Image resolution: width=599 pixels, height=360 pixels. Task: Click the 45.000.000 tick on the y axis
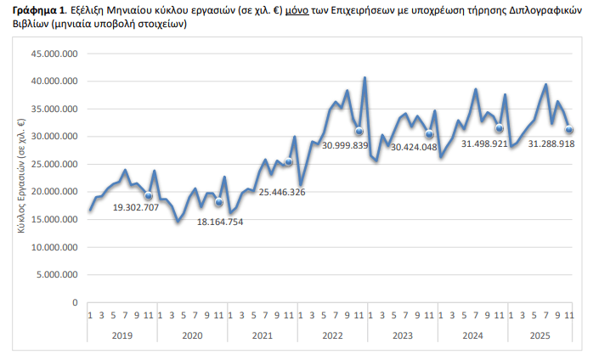click(x=55, y=54)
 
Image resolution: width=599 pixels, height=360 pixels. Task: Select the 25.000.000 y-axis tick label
click(x=55, y=165)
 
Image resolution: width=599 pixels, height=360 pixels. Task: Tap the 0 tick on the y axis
click(x=75, y=303)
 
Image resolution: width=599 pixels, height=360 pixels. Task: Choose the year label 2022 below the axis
click(x=333, y=335)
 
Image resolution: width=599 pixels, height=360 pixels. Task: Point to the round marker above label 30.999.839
click(x=359, y=131)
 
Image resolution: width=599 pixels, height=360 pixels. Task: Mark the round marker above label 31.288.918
click(x=568, y=130)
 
